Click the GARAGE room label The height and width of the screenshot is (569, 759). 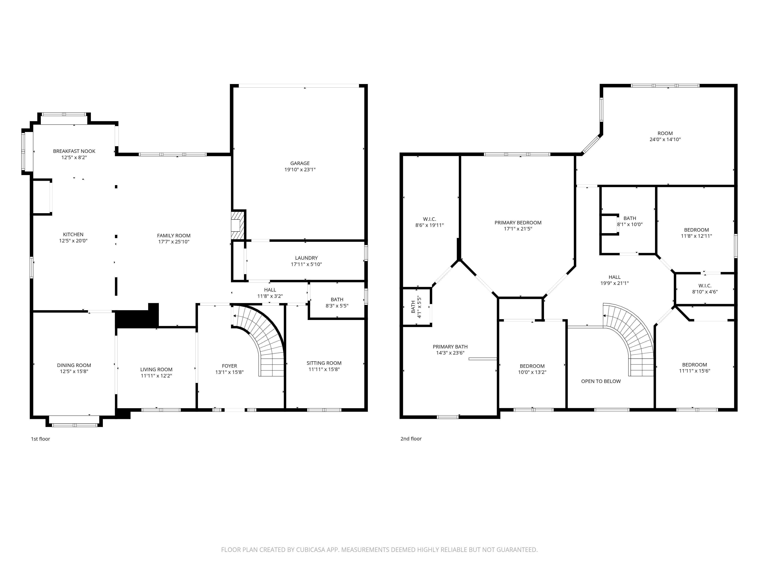point(300,163)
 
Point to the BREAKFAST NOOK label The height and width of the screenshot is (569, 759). point(74,151)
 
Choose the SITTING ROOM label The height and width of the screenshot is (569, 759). point(324,363)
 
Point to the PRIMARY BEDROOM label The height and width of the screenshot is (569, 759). point(518,223)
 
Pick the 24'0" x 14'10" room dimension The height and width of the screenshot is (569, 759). point(665,140)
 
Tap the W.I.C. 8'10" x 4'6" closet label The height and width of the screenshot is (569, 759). point(705,289)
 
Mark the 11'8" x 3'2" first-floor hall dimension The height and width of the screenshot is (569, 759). point(270,296)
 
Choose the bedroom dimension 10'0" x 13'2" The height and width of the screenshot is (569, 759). point(532,372)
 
